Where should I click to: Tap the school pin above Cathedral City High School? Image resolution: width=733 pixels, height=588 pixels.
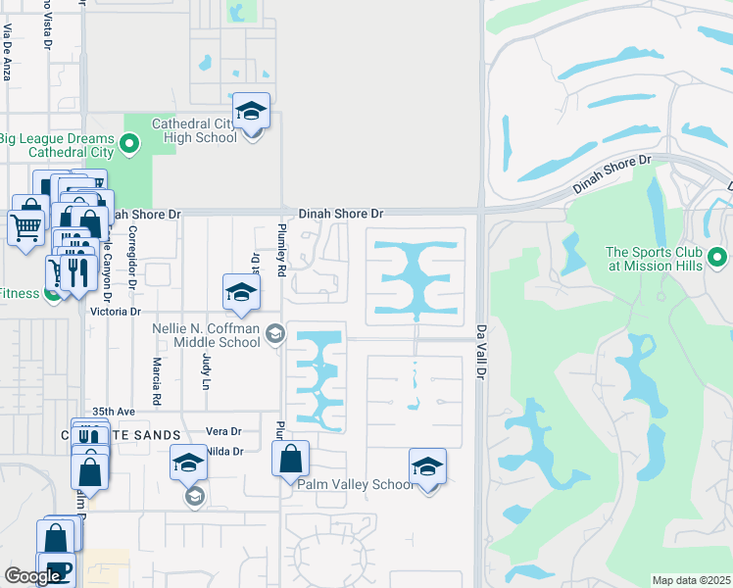[x=251, y=112]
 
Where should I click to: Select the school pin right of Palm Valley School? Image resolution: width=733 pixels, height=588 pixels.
[x=427, y=467]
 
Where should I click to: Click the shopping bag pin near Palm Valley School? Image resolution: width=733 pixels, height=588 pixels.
[x=291, y=459]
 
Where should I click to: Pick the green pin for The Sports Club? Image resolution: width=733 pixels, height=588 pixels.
[x=718, y=258]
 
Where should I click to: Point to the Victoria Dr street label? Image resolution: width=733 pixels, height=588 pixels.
[x=116, y=312]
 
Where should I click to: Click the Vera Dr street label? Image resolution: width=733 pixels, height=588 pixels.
[x=223, y=431]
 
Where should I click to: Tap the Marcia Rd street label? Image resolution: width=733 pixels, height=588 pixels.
[x=156, y=382]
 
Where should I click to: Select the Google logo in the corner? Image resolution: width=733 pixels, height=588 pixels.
[x=32, y=576]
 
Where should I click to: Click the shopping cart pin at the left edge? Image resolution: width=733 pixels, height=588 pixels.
[x=26, y=228]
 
